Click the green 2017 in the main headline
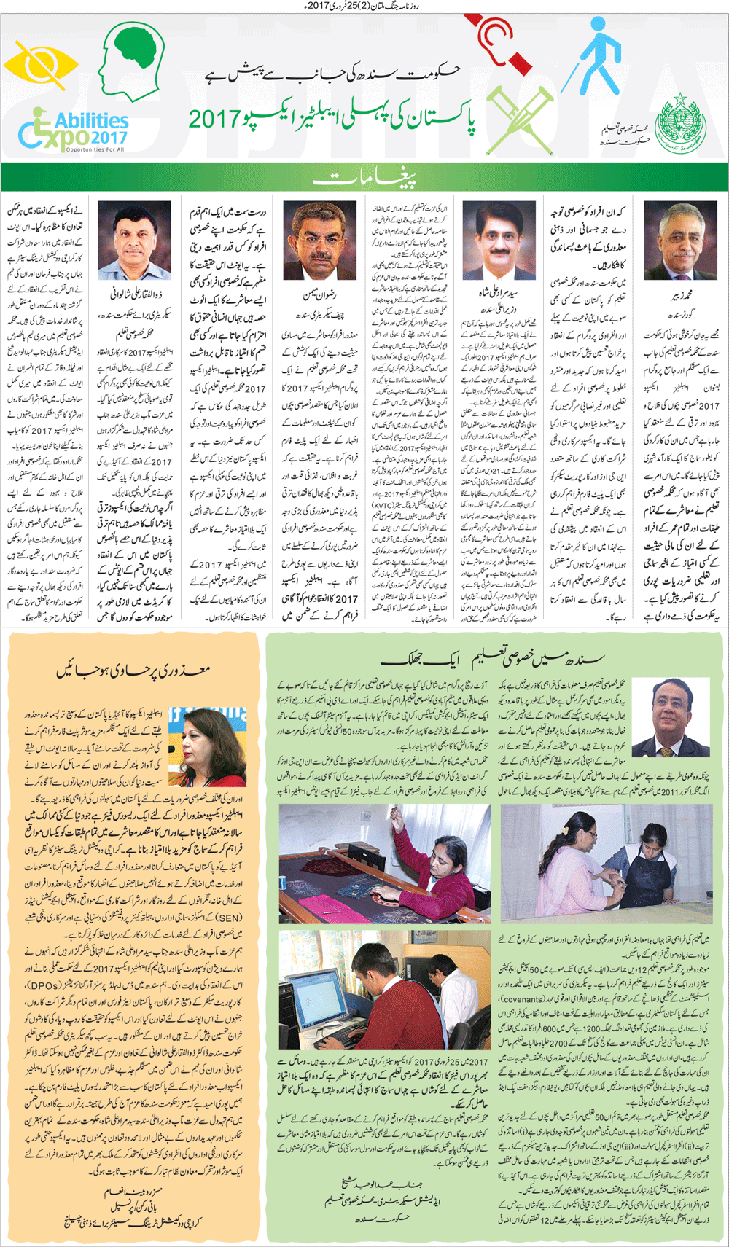[x=213, y=119]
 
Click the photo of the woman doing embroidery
[x=384, y=864]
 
